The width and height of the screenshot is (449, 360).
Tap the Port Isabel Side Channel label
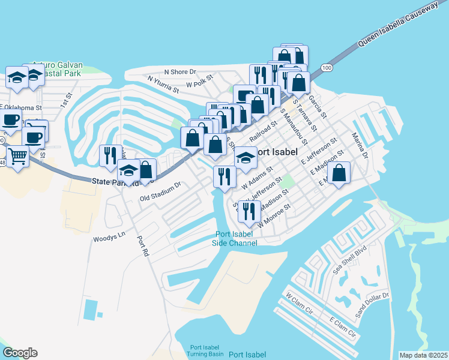235,239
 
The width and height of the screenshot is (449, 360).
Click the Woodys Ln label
108,239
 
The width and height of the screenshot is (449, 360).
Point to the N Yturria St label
163,85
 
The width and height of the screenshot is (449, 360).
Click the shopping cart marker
19,157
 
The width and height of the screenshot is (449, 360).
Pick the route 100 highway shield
327,67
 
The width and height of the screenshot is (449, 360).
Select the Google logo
20,353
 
